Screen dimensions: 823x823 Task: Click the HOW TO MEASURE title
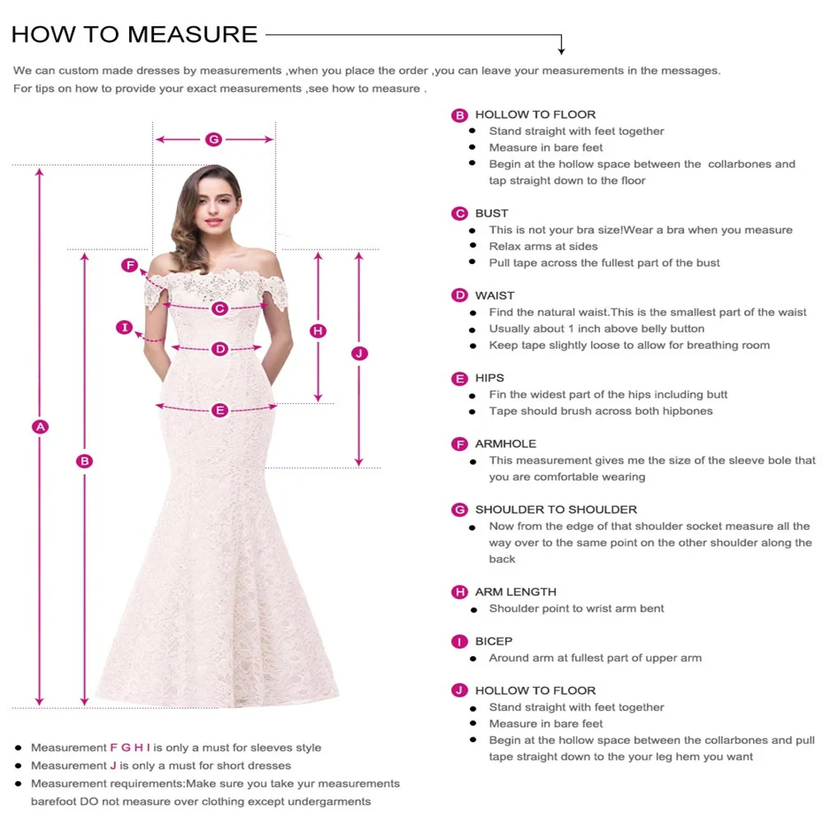pyautogui.click(x=134, y=34)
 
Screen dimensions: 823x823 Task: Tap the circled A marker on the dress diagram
pyautogui.click(x=40, y=426)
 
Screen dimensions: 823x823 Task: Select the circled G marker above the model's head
pyautogui.click(x=213, y=139)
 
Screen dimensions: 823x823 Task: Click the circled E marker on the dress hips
pyautogui.click(x=220, y=410)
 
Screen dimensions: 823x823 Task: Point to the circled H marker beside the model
pyautogui.click(x=319, y=331)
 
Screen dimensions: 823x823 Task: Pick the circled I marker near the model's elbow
pyautogui.click(x=124, y=328)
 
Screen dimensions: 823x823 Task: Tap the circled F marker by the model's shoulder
pyautogui.click(x=129, y=265)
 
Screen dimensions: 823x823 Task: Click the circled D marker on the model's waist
pyautogui.click(x=220, y=349)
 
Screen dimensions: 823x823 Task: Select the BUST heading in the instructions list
pyautogui.click(x=491, y=213)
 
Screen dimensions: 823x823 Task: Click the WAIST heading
pyautogui.click(x=495, y=295)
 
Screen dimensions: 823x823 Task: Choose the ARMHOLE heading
pyautogui.click(x=505, y=444)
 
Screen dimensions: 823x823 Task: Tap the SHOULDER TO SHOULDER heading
pyautogui.click(x=556, y=509)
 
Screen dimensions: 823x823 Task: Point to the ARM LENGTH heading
pyautogui.click(x=515, y=592)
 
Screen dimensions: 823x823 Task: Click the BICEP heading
pyautogui.click(x=494, y=641)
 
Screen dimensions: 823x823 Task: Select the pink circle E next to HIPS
pyautogui.click(x=459, y=379)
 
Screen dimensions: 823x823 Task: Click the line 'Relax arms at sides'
pyautogui.click(x=543, y=246)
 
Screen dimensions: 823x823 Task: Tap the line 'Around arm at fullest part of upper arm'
pyautogui.click(x=595, y=658)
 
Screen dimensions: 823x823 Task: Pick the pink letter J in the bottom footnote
pyautogui.click(x=114, y=765)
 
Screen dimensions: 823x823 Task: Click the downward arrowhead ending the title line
pyautogui.click(x=561, y=50)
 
